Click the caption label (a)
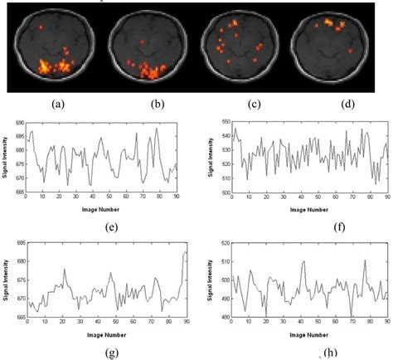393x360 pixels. (x=57, y=104)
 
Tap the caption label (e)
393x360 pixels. (x=103, y=225)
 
